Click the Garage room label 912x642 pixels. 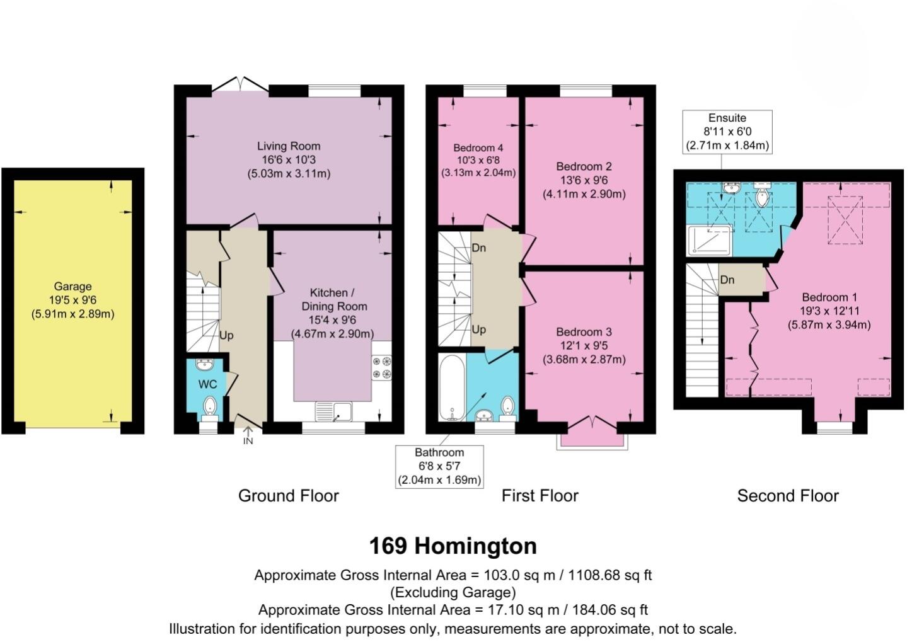point(72,286)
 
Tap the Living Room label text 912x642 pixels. point(288,146)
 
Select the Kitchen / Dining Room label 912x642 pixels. point(332,300)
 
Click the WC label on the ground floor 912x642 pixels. point(207,384)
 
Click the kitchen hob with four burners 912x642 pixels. point(381,367)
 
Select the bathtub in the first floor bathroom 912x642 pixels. point(452,388)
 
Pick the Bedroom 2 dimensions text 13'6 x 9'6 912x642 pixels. point(584,180)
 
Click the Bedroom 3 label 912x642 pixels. point(584,332)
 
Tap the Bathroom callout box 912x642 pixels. point(439,466)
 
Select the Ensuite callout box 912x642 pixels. point(727,132)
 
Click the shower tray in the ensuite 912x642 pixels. point(710,240)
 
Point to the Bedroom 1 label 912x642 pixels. point(829,297)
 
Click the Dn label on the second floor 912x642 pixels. point(727,280)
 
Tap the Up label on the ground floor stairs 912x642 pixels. point(226,335)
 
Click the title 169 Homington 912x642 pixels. point(453,546)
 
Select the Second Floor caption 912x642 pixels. point(788,496)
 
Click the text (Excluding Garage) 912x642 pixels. point(453,592)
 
